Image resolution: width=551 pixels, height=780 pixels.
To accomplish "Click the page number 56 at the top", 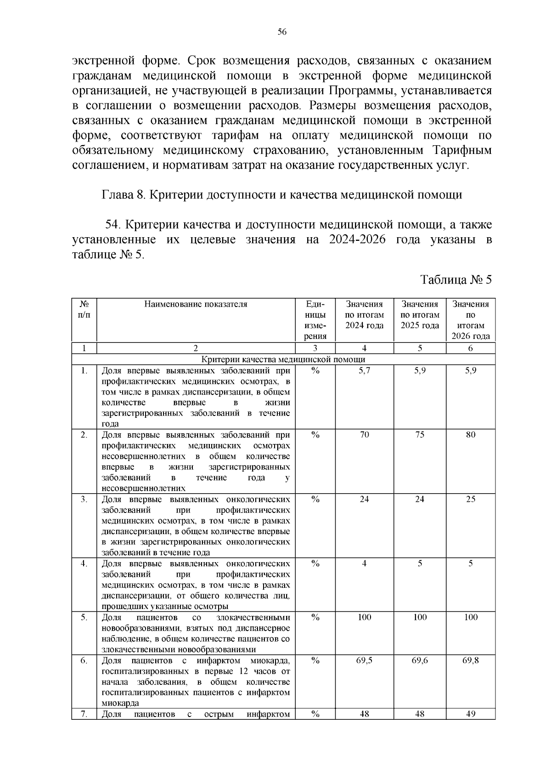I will pyautogui.click(x=282, y=32).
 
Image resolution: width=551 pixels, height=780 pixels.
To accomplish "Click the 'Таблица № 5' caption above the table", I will pyautogui.click(x=456, y=280).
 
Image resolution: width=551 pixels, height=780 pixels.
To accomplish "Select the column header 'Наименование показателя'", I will pyautogui.click(x=196, y=304).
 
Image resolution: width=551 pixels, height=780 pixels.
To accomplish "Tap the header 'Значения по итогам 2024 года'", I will pyautogui.click(x=364, y=315).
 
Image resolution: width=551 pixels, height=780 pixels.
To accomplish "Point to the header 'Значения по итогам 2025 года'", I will pyautogui.click(x=420, y=315).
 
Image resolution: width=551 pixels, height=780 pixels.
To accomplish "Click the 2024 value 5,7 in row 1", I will pyautogui.click(x=364, y=371).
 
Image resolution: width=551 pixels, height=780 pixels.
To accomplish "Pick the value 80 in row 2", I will pyautogui.click(x=471, y=435).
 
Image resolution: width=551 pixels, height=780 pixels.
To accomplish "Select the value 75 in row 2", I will pyautogui.click(x=420, y=435).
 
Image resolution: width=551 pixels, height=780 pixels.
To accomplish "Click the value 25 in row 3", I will pyautogui.click(x=471, y=499).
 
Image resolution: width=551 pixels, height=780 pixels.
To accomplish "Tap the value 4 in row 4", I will pyautogui.click(x=364, y=564).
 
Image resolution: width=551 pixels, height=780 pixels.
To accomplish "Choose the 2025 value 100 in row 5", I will pyautogui.click(x=420, y=617).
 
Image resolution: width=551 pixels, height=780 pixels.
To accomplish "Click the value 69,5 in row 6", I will pyautogui.click(x=364, y=660).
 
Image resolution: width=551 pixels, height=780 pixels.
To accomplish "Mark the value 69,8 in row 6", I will pyautogui.click(x=471, y=660).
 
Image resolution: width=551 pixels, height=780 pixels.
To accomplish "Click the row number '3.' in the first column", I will pyautogui.click(x=84, y=499).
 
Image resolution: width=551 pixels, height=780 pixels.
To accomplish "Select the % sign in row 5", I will pyautogui.click(x=315, y=617).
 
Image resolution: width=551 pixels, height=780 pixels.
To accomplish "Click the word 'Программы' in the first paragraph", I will pyautogui.click(x=363, y=91).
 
